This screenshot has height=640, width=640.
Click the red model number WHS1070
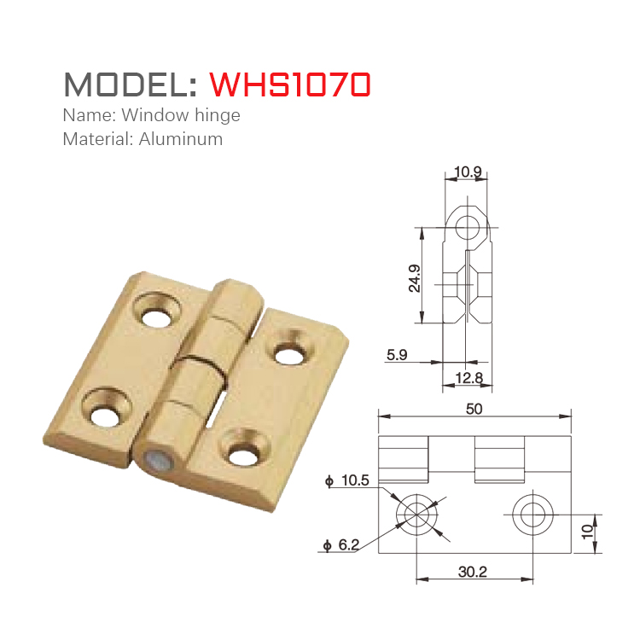coord(290,84)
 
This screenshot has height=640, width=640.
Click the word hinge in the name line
coord(218,115)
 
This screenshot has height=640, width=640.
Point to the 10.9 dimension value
coord(468,172)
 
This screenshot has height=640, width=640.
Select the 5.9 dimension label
coord(397,354)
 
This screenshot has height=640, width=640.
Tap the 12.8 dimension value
coord(468,377)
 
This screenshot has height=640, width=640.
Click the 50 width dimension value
coord(474,409)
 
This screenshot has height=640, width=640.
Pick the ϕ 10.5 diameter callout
coord(347,481)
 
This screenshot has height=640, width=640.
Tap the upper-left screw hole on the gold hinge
coord(156,317)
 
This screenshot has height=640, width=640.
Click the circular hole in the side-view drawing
coord(467,227)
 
